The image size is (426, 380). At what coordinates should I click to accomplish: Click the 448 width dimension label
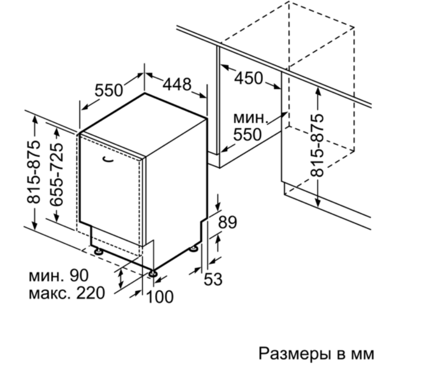tap(177, 84)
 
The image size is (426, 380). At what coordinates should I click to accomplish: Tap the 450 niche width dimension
tap(248, 79)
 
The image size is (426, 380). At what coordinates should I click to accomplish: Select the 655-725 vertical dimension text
tap(57, 175)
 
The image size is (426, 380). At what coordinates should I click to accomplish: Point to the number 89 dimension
tap(228, 222)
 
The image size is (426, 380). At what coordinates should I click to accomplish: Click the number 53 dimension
tap(213, 279)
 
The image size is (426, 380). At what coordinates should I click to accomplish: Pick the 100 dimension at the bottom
tap(159, 297)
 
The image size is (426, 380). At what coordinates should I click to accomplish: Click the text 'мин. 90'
tap(58, 276)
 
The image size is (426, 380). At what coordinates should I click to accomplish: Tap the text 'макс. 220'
tap(67, 294)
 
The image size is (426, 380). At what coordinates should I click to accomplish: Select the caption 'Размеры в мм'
tap(316, 354)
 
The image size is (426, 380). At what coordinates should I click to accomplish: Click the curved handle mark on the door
tap(108, 160)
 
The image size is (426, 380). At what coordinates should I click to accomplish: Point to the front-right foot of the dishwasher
tap(153, 273)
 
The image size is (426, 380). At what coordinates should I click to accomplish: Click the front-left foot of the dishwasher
tap(97, 251)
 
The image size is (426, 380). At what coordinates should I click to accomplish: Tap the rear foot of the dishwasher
tap(194, 248)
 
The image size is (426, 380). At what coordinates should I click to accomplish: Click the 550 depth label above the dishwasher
tap(109, 91)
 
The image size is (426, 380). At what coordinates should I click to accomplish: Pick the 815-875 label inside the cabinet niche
tap(317, 146)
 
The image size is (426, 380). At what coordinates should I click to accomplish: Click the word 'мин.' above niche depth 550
tap(251, 118)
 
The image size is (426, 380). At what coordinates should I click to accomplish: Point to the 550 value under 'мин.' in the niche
tap(248, 135)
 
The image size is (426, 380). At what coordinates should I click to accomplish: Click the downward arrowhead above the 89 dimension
tap(218, 206)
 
